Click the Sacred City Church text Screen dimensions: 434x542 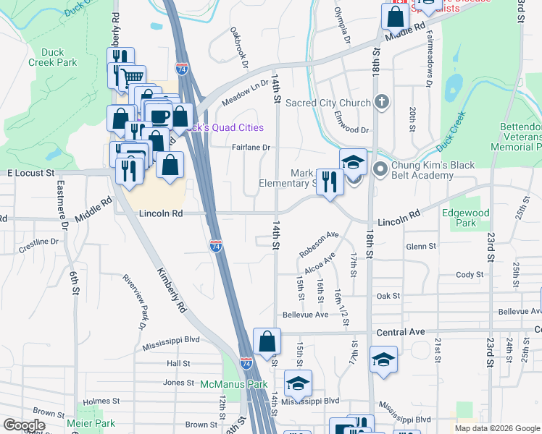coord(328,103)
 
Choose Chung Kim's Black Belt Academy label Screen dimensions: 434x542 coord(433,171)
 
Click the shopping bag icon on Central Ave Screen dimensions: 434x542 coord(267,340)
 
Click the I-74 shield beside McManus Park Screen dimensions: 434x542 coord(246,363)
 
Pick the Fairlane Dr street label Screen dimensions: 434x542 coord(251,147)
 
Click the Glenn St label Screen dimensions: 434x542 coord(421,247)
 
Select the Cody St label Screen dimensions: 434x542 coord(469,275)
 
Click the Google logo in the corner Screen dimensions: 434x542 coord(24,425)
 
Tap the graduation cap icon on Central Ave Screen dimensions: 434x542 coord(383,359)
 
